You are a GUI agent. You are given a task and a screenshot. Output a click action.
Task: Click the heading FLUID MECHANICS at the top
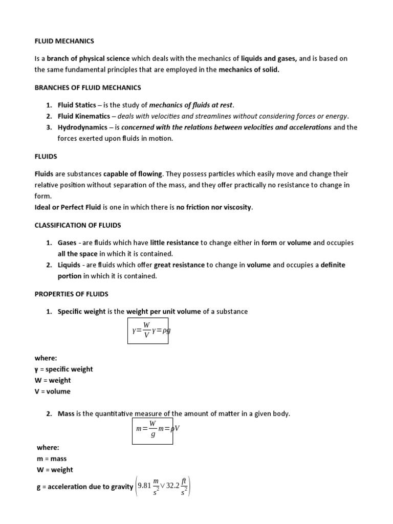(64, 40)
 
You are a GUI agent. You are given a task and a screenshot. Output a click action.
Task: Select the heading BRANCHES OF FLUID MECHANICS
(88, 88)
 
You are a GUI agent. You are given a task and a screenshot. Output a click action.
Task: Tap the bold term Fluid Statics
(77, 105)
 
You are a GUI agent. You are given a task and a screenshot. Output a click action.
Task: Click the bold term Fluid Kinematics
(83, 116)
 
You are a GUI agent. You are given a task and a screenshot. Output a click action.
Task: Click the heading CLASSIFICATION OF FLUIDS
(84, 225)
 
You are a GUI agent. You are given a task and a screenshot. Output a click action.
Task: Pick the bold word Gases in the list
(67, 243)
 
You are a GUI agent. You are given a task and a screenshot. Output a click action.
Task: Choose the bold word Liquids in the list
(69, 265)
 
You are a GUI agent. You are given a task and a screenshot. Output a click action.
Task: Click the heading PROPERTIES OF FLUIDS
(78, 294)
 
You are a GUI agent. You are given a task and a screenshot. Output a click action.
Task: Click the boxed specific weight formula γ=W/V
(148, 331)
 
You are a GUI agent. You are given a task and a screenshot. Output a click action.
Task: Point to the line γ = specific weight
(63, 369)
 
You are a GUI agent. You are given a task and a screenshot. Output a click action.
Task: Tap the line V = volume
(52, 391)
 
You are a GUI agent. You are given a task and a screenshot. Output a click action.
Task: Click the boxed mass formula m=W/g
(152, 428)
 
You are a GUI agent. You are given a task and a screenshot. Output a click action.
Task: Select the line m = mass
(51, 458)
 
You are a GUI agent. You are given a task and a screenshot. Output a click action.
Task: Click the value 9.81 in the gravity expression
(146, 486)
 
